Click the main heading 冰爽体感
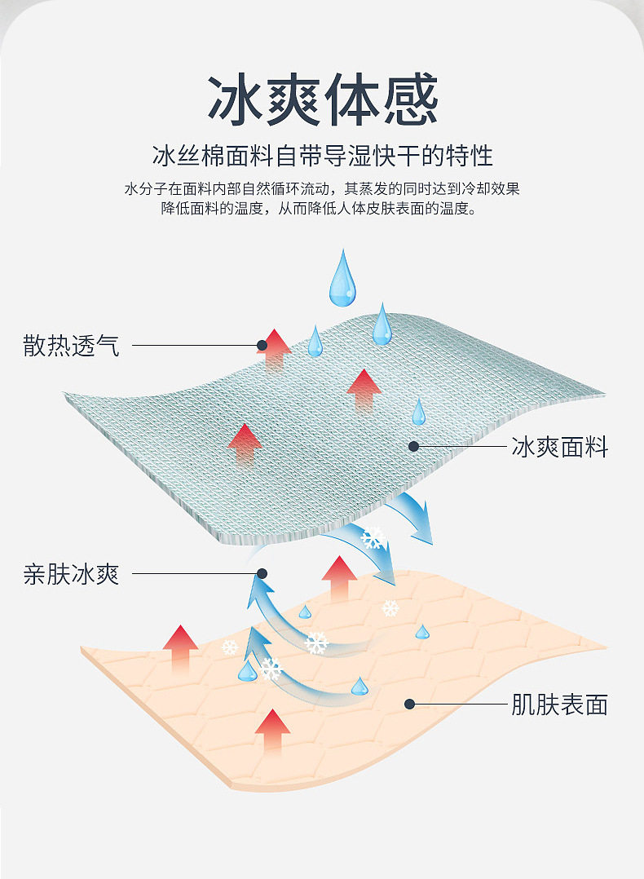click(323, 101)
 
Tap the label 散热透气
click(72, 346)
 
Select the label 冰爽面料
click(560, 447)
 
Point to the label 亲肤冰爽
click(72, 574)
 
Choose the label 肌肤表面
click(560, 705)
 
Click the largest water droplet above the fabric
click(342, 280)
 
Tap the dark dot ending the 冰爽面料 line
click(413, 447)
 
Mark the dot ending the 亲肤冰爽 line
click(262, 574)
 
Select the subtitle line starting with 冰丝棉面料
click(323, 155)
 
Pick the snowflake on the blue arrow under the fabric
click(372, 538)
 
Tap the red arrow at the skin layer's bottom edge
click(272, 730)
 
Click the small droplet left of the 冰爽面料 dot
click(418, 413)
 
